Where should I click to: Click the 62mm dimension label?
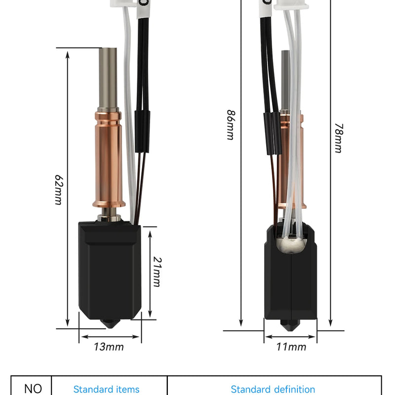[59, 190]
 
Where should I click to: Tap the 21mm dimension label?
[158, 272]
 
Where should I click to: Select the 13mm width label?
[109, 347]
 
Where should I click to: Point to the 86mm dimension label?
[231, 125]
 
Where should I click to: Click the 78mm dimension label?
[339, 138]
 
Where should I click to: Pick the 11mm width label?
[291, 347]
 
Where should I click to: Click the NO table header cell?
[33, 389]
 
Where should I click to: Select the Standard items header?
[106, 389]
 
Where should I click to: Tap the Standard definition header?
[273, 389]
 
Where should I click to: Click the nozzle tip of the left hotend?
[110, 327]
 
